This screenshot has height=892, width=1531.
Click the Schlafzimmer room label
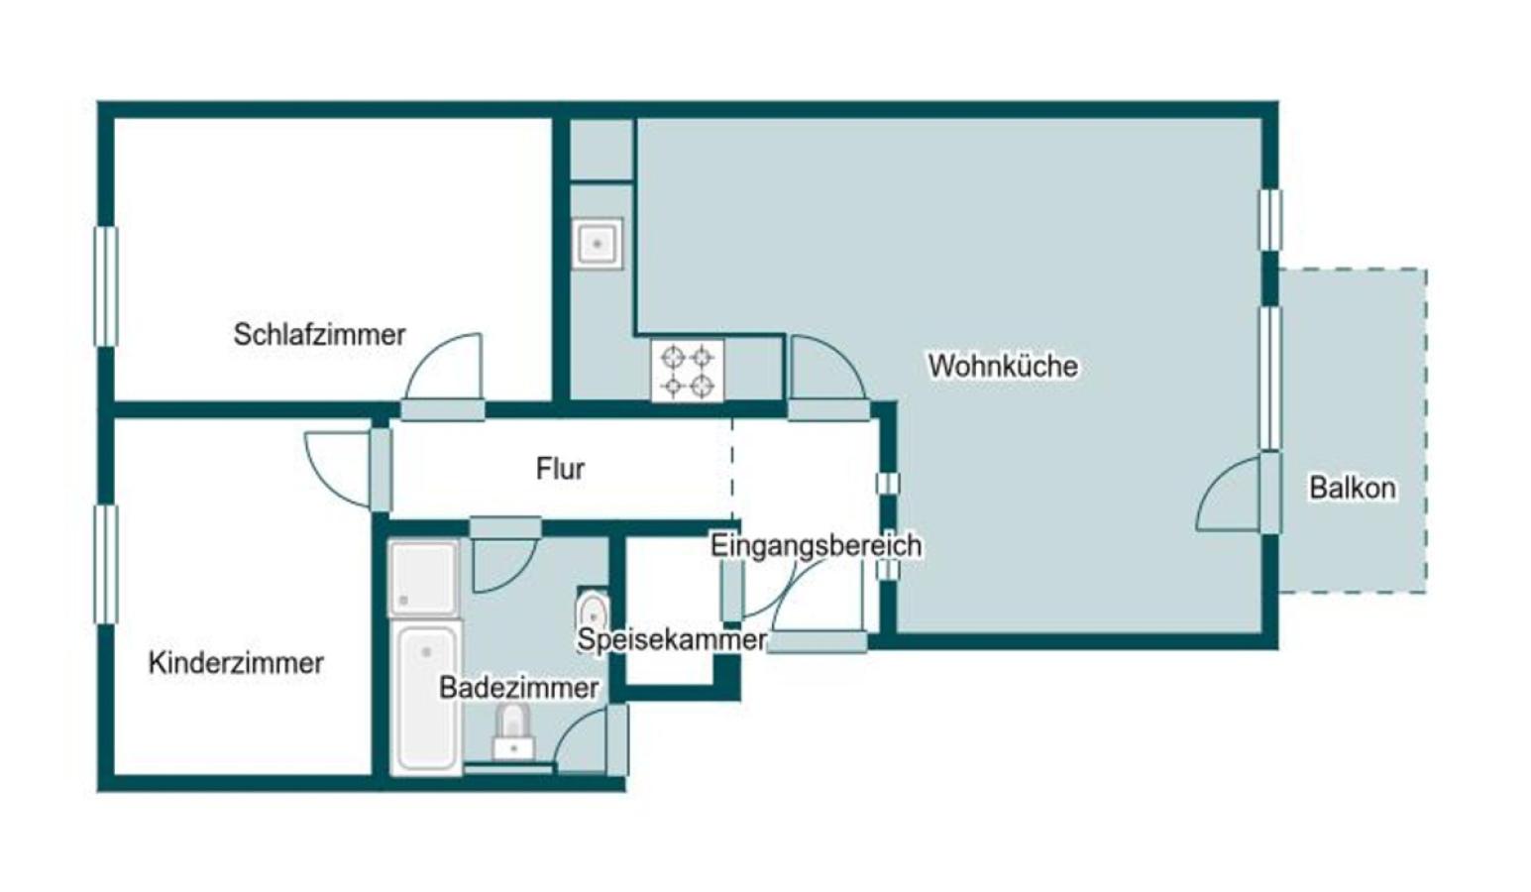[x=319, y=335]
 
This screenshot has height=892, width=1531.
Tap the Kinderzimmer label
[x=236, y=663]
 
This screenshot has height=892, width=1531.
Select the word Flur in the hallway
[x=560, y=469]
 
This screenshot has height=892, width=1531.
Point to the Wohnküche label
[x=1003, y=366]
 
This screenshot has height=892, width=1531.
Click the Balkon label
[x=1353, y=488]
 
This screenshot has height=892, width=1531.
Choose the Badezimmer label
[x=519, y=688]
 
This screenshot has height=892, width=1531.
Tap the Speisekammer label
[x=672, y=640]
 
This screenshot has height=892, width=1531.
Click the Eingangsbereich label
[x=817, y=545]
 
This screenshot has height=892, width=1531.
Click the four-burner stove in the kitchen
[x=688, y=370]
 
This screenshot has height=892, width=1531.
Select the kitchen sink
[x=598, y=244]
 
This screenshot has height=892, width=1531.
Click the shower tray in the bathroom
[x=424, y=578]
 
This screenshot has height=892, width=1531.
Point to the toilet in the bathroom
[x=513, y=732]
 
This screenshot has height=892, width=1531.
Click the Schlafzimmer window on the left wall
[x=106, y=286]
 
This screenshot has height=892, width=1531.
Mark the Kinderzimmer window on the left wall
[x=106, y=565]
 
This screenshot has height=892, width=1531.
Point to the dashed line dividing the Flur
[x=732, y=469]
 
